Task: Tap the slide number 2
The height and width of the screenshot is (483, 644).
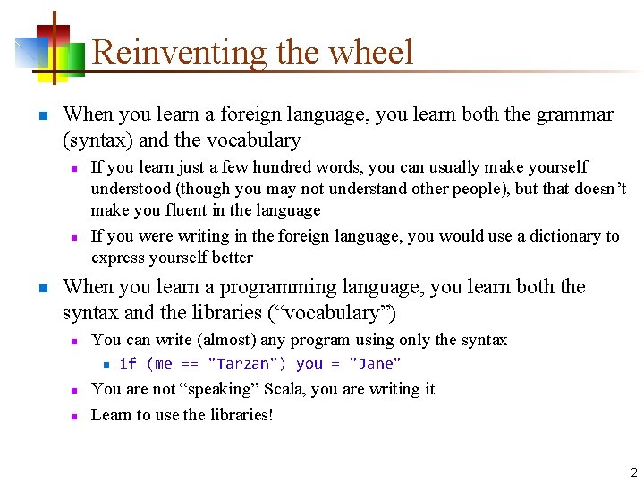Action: (633, 472)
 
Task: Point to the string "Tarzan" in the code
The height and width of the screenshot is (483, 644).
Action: (247, 363)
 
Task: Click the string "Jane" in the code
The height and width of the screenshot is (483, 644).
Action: (375, 363)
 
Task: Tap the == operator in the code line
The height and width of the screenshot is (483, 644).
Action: (190, 363)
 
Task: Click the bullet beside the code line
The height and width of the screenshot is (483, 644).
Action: (105, 364)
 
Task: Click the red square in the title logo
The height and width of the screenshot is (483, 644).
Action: (60, 34)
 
